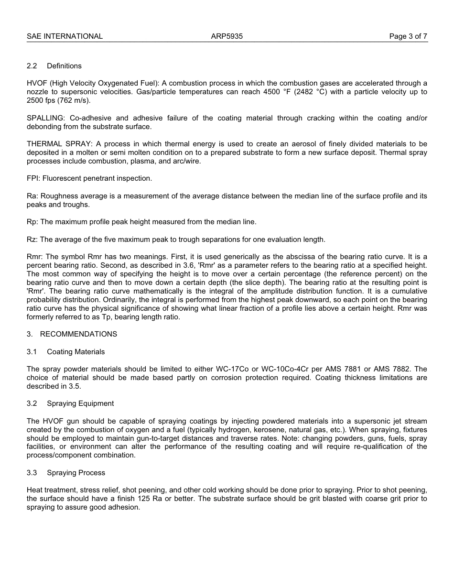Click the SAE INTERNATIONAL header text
pos(65,36)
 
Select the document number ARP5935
pos(227,36)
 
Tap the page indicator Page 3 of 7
pos(408,36)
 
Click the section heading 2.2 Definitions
pos(54,66)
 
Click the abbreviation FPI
pos(33,178)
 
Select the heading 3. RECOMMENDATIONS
pos(72,334)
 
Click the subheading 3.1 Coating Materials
pos(65,352)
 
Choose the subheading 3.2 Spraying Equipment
pos(70,403)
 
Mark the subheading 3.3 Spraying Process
pos(66,473)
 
